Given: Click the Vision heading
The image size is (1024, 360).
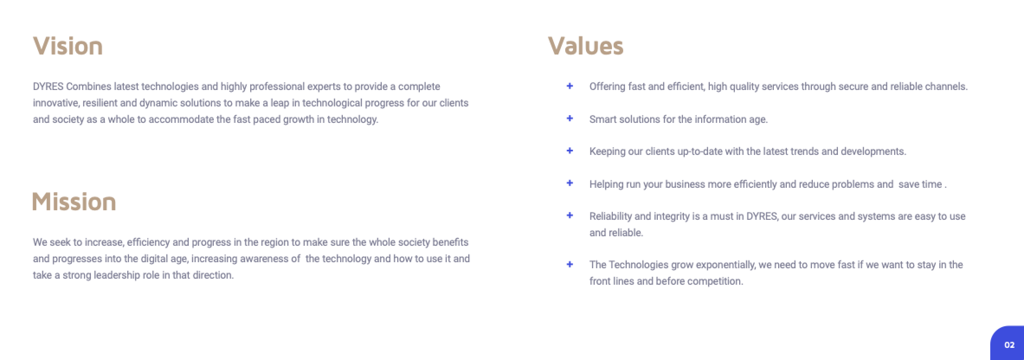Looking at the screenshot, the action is point(68,46).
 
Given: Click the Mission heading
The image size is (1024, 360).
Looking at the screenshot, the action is point(74,202).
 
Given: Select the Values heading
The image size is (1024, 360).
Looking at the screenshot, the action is point(586,46).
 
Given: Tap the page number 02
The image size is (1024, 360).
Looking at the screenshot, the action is point(1009,345).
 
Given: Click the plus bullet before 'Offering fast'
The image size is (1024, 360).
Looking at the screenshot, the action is point(570,86).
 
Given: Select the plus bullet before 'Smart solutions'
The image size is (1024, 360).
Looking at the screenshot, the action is point(570,118).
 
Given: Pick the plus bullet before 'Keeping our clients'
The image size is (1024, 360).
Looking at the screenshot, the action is point(570,151).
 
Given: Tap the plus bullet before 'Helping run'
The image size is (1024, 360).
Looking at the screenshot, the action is point(570,183).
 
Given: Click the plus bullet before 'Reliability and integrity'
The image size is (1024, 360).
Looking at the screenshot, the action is point(570,215).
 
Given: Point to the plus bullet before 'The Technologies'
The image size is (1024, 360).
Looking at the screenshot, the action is point(570,264).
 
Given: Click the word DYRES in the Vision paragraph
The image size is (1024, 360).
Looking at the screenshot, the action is point(48,87).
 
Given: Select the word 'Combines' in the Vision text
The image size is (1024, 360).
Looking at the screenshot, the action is point(89,87).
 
